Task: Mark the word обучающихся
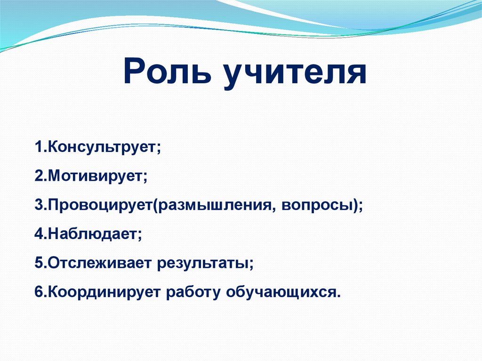pyautogui.click(x=280, y=292)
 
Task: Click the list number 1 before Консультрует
pyautogui.click(x=37, y=147)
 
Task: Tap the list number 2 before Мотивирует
pyautogui.click(x=38, y=176)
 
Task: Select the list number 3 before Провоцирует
pyautogui.click(x=38, y=206)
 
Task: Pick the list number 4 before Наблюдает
pyautogui.click(x=38, y=234)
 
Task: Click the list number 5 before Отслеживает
pyautogui.click(x=38, y=263)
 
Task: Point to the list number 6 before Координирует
pyautogui.click(x=38, y=292)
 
